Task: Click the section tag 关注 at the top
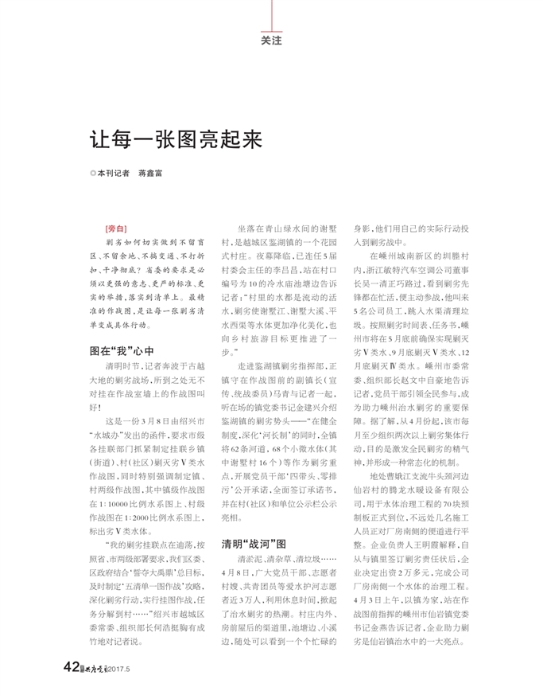tap(271, 39)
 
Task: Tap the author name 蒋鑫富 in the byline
tap(151, 171)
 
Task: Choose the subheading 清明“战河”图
tap(254, 545)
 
